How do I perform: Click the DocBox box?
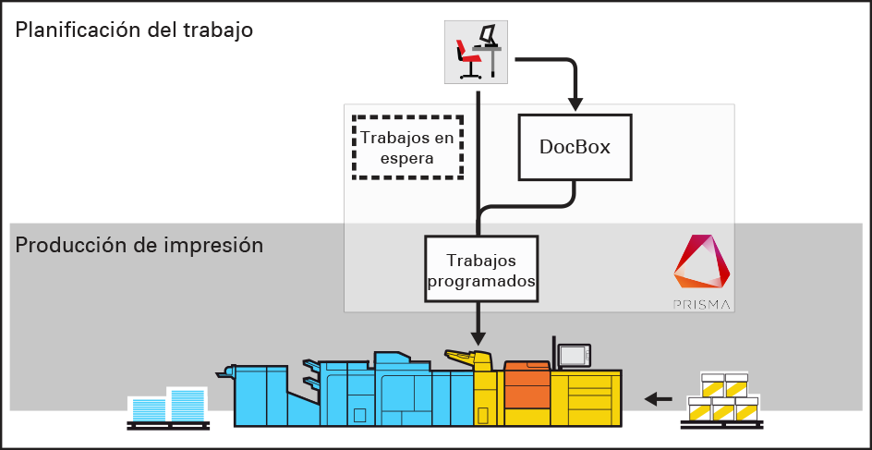pyautogui.click(x=575, y=147)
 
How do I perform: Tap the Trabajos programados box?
pyautogui.click(x=480, y=269)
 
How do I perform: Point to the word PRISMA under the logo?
pyautogui.click(x=702, y=302)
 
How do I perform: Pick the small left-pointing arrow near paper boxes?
pyautogui.click(x=658, y=399)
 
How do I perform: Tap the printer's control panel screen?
pyautogui.click(x=574, y=355)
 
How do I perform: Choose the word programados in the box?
pyautogui.click(x=480, y=278)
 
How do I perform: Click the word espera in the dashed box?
pyautogui.click(x=407, y=158)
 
